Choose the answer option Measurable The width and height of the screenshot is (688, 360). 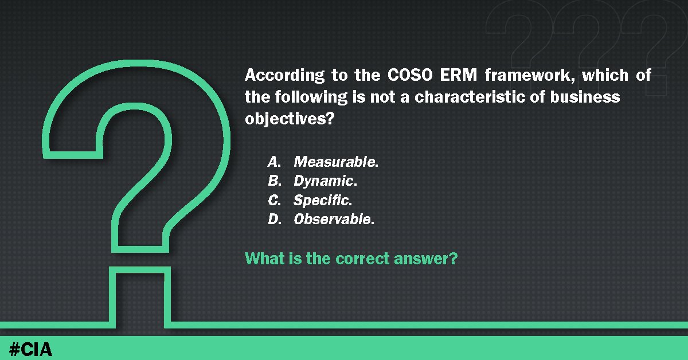point(336,162)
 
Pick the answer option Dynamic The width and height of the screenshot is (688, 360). point(325,181)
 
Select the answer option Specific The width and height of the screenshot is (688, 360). point(322,200)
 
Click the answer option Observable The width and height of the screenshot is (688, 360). point(334,219)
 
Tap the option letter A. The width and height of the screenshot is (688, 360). point(273,162)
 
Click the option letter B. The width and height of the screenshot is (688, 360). point(273,181)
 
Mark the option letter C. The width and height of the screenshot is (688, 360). point(273,200)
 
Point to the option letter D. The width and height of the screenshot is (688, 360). point(273,219)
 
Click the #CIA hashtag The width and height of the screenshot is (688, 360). point(31,347)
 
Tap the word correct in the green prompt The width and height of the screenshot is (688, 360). point(363,259)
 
